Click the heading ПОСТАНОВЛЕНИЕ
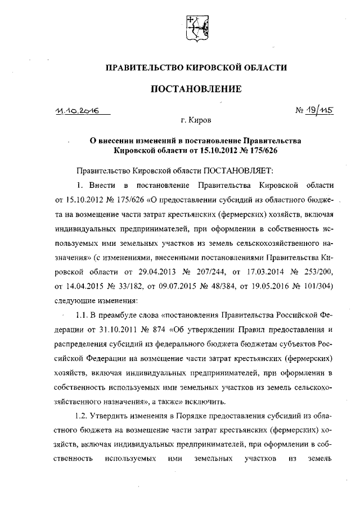click(x=196, y=88)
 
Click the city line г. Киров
click(x=196, y=120)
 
